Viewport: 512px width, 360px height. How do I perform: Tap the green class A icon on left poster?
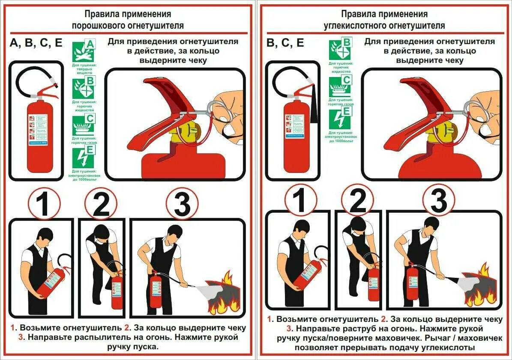tap(84, 52)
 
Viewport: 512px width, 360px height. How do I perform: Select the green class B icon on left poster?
tap(84, 88)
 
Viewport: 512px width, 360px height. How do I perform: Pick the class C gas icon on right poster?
tap(340, 86)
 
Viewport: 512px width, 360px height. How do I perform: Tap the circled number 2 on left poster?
tap(101, 204)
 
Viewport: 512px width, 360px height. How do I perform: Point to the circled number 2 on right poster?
tap(357, 199)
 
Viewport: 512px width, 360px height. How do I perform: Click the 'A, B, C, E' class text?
tap(36, 43)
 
